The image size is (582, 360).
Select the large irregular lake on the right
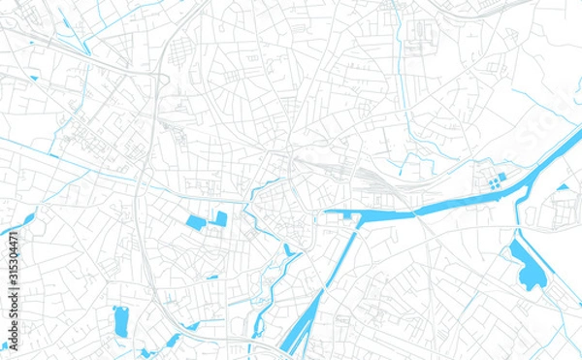tap(529, 268)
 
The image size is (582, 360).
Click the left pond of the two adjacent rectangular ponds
tap(196, 222)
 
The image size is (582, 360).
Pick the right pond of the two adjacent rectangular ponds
tap(220, 218)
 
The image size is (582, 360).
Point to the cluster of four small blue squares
tap(496, 180)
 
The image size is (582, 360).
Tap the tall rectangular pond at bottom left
tap(120, 317)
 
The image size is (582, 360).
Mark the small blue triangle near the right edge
tap(563, 186)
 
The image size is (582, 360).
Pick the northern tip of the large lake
tap(515, 244)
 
